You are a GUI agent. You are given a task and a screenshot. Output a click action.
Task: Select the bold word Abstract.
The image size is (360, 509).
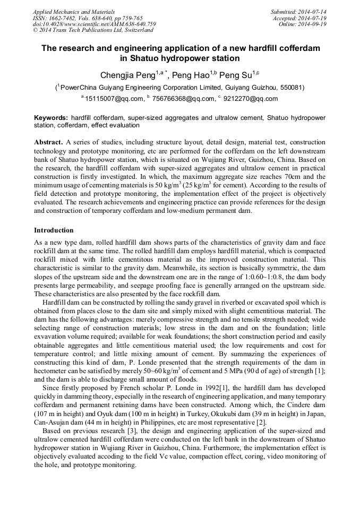click(48, 143)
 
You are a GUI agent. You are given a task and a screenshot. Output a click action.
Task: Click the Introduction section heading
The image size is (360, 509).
click(54, 230)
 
